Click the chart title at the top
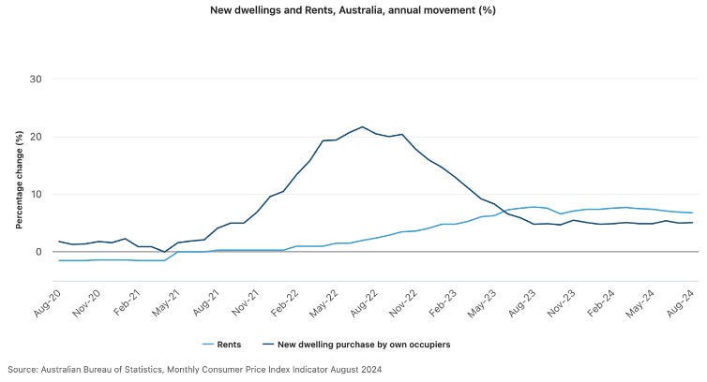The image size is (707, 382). point(353,10)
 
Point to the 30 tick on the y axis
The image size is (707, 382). point(37,79)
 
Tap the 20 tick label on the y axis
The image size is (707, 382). point(37,137)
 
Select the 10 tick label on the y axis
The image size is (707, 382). point(37,195)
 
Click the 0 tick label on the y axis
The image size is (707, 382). point(39,252)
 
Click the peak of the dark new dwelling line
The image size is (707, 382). point(363,126)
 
